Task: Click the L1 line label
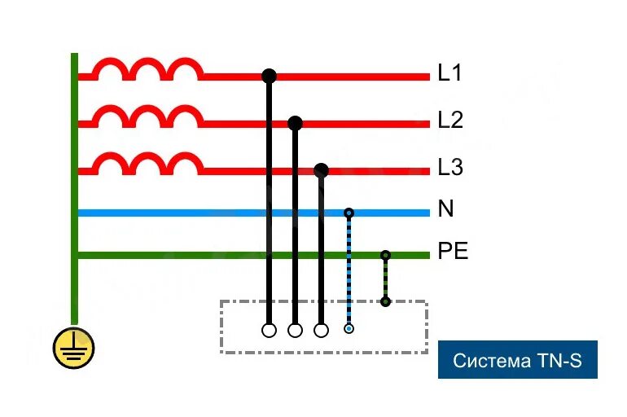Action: [x=449, y=73]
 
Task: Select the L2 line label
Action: [x=449, y=121]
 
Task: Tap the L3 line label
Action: [x=449, y=168]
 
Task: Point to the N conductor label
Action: [x=445, y=209]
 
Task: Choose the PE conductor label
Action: [x=453, y=252]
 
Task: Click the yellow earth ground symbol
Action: [x=74, y=349]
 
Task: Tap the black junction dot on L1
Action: [x=269, y=77]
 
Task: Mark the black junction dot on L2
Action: [x=295, y=123]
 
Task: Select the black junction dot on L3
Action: [x=321, y=170]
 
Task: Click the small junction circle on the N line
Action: [x=349, y=213]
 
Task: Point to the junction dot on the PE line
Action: [x=385, y=255]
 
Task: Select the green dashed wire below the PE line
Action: [x=385, y=279]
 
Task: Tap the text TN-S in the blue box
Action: [x=558, y=360]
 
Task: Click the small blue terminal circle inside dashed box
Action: [x=349, y=329]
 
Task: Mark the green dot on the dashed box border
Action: [x=385, y=302]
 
